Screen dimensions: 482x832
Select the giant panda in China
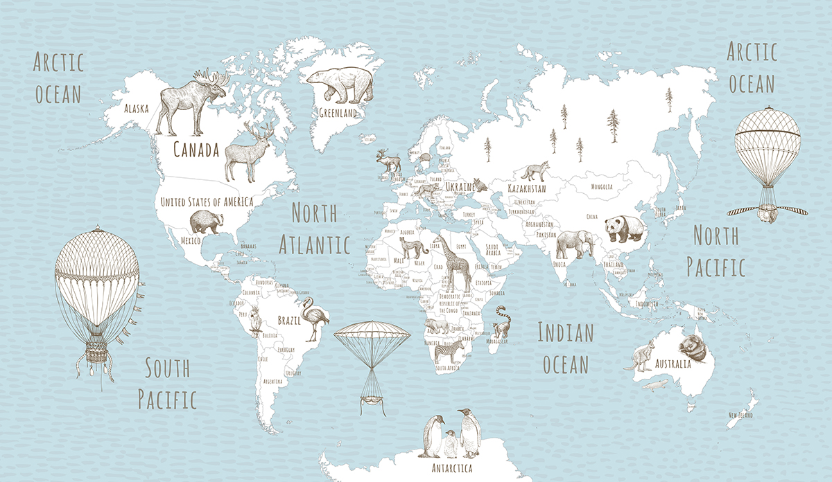624,229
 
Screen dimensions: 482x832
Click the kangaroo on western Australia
640,354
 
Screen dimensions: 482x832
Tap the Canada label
196,149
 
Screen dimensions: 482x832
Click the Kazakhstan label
526,188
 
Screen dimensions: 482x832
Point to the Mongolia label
601,187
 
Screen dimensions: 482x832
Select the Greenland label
338,112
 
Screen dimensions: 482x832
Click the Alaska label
135,108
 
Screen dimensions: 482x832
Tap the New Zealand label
740,415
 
